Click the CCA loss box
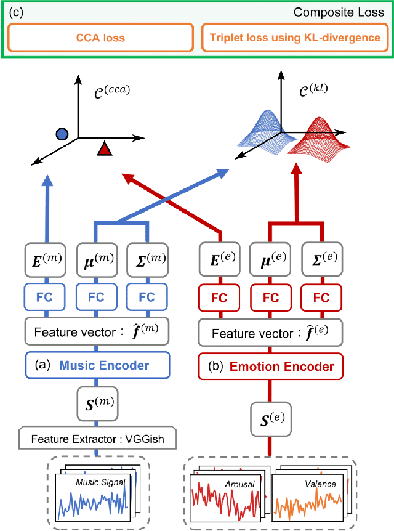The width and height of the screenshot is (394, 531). (100, 38)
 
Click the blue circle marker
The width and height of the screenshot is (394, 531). (61, 134)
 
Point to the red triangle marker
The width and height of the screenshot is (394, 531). (105, 148)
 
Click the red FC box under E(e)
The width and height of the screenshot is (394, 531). (220, 297)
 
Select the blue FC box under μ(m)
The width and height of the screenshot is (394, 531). (96, 297)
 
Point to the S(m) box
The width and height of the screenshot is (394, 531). (96, 403)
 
